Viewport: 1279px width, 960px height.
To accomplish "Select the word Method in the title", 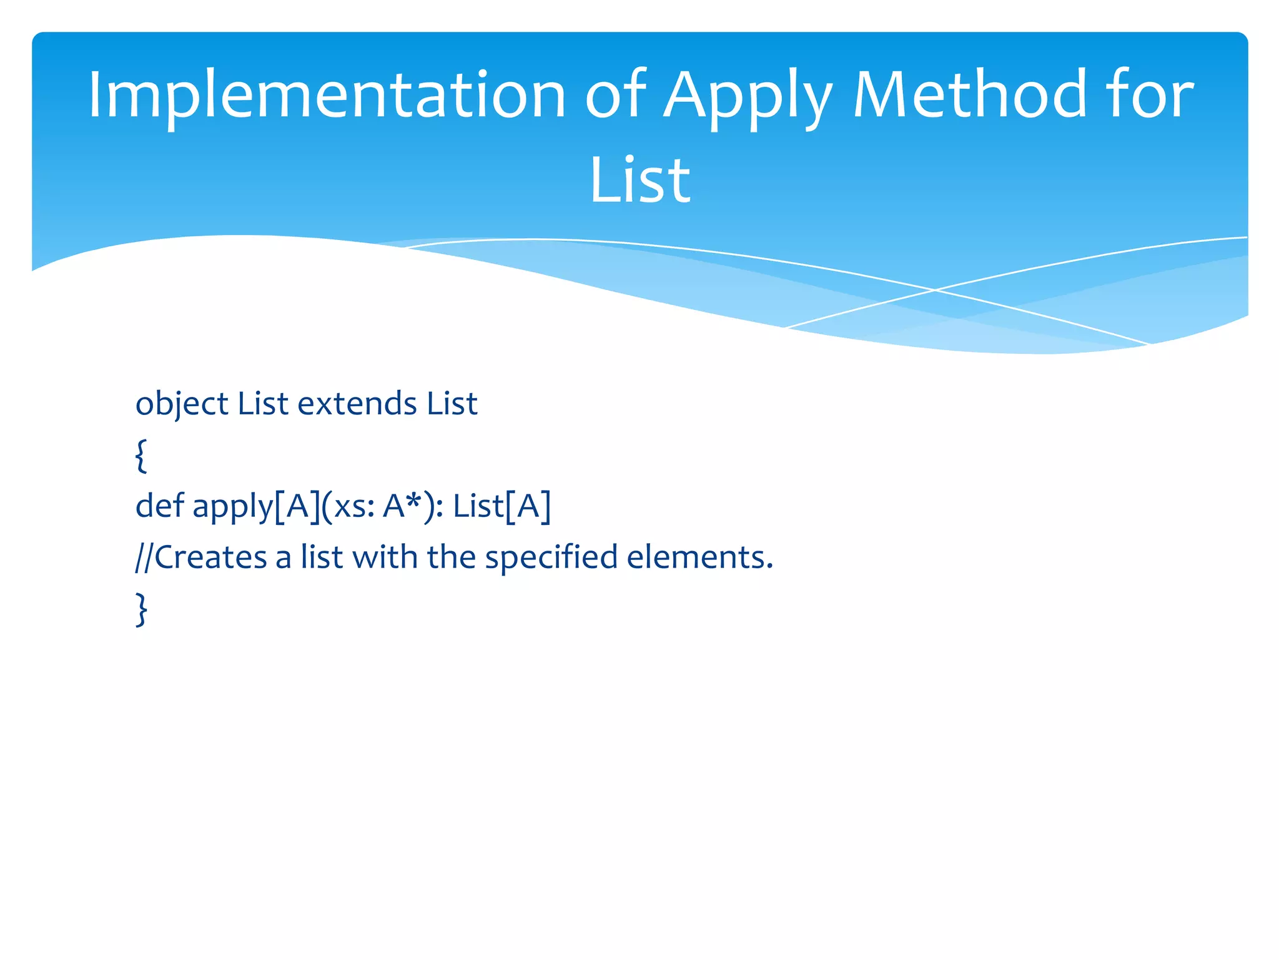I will tap(970, 95).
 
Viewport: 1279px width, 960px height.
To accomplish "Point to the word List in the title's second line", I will tap(639, 181).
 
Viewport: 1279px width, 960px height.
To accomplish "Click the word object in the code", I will tap(182, 404).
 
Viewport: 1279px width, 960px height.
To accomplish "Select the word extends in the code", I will tap(357, 403).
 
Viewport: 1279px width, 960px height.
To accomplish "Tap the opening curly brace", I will tap(142, 456).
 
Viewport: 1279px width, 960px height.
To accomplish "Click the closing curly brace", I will tap(142, 609).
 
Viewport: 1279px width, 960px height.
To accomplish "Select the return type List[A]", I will tap(502, 506).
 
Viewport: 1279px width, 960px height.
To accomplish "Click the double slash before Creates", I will tap(144, 557).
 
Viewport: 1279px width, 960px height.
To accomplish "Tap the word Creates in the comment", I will tap(211, 557).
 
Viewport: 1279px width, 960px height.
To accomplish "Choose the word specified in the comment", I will tap(551, 558).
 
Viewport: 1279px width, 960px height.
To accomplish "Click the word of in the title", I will tap(616, 95).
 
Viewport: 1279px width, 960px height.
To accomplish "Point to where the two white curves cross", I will tap(935, 290).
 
